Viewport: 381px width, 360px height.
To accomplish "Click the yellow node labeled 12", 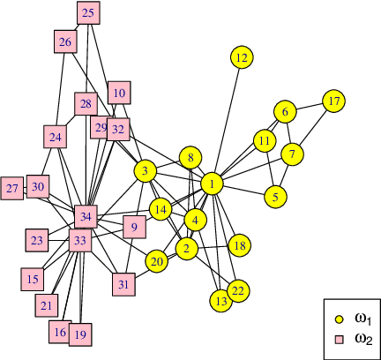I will click(x=241, y=57).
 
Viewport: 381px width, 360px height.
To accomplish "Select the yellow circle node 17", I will click(x=332, y=101).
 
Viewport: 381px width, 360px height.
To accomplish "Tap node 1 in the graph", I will click(x=212, y=183).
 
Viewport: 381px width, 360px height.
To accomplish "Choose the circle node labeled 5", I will click(x=276, y=197).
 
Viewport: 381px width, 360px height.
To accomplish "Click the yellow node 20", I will click(x=157, y=261).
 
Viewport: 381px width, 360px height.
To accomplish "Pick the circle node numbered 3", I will click(x=145, y=170).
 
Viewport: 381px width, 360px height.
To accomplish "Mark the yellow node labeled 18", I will click(x=239, y=244).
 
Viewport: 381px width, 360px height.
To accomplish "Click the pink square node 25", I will click(x=88, y=13).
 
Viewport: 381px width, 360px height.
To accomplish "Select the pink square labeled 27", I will click(x=12, y=189).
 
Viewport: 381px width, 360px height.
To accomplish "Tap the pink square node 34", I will click(x=86, y=215).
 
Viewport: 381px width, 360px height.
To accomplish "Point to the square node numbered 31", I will click(x=123, y=284).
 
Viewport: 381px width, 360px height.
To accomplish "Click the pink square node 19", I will click(x=80, y=334).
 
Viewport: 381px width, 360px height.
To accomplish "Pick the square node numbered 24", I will click(x=56, y=138).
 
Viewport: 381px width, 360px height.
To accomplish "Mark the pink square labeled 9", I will click(x=134, y=227).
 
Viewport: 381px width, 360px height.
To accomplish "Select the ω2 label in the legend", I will click(x=362, y=339).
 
